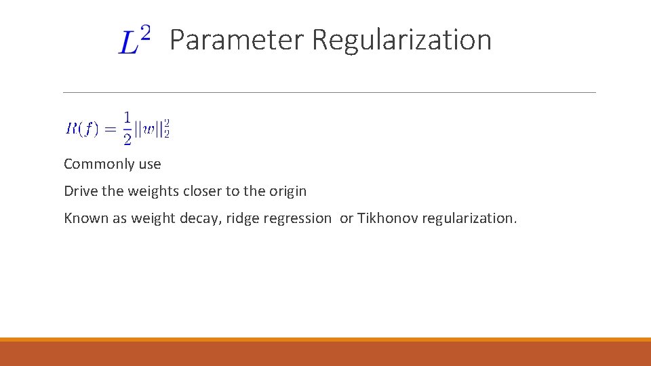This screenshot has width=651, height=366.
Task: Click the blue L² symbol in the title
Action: tap(135, 40)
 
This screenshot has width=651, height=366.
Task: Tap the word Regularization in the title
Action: tap(401, 40)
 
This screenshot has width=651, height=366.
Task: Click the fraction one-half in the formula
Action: tap(127, 128)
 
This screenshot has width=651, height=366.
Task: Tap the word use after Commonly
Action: tap(149, 164)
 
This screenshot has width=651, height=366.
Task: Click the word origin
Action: tap(288, 191)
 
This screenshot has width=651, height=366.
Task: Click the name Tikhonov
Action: tap(387, 218)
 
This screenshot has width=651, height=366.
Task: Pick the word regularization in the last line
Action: tap(469, 218)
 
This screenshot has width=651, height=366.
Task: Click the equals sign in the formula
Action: tap(110, 129)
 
